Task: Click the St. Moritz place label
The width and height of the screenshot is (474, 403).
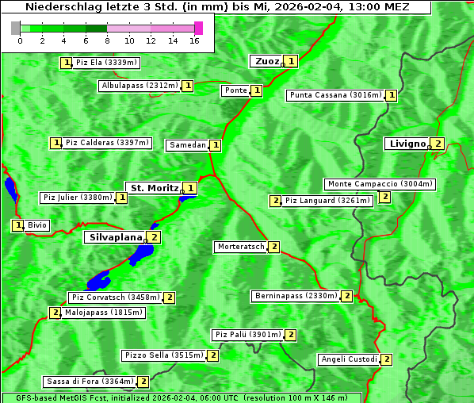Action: [x=154, y=188]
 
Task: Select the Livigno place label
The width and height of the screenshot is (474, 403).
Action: [x=406, y=144]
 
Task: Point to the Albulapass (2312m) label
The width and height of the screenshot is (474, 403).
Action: [x=140, y=86]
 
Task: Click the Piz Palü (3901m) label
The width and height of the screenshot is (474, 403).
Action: [x=247, y=335]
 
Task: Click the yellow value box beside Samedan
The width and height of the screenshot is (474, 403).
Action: [x=216, y=145]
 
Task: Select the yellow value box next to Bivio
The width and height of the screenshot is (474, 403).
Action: [x=17, y=225]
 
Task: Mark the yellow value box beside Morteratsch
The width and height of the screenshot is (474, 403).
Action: [x=274, y=247]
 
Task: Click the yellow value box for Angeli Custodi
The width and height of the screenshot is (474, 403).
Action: [x=387, y=359]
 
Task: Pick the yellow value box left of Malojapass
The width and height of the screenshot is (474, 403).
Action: [x=55, y=313]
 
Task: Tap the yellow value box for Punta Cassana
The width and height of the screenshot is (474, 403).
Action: [x=392, y=95]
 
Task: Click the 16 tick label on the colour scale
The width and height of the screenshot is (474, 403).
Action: [x=193, y=40]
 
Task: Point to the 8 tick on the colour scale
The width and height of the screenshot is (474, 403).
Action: [x=106, y=40]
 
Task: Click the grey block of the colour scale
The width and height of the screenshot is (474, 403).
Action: [x=16, y=28]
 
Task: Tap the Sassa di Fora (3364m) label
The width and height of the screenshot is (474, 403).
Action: [x=89, y=382]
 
